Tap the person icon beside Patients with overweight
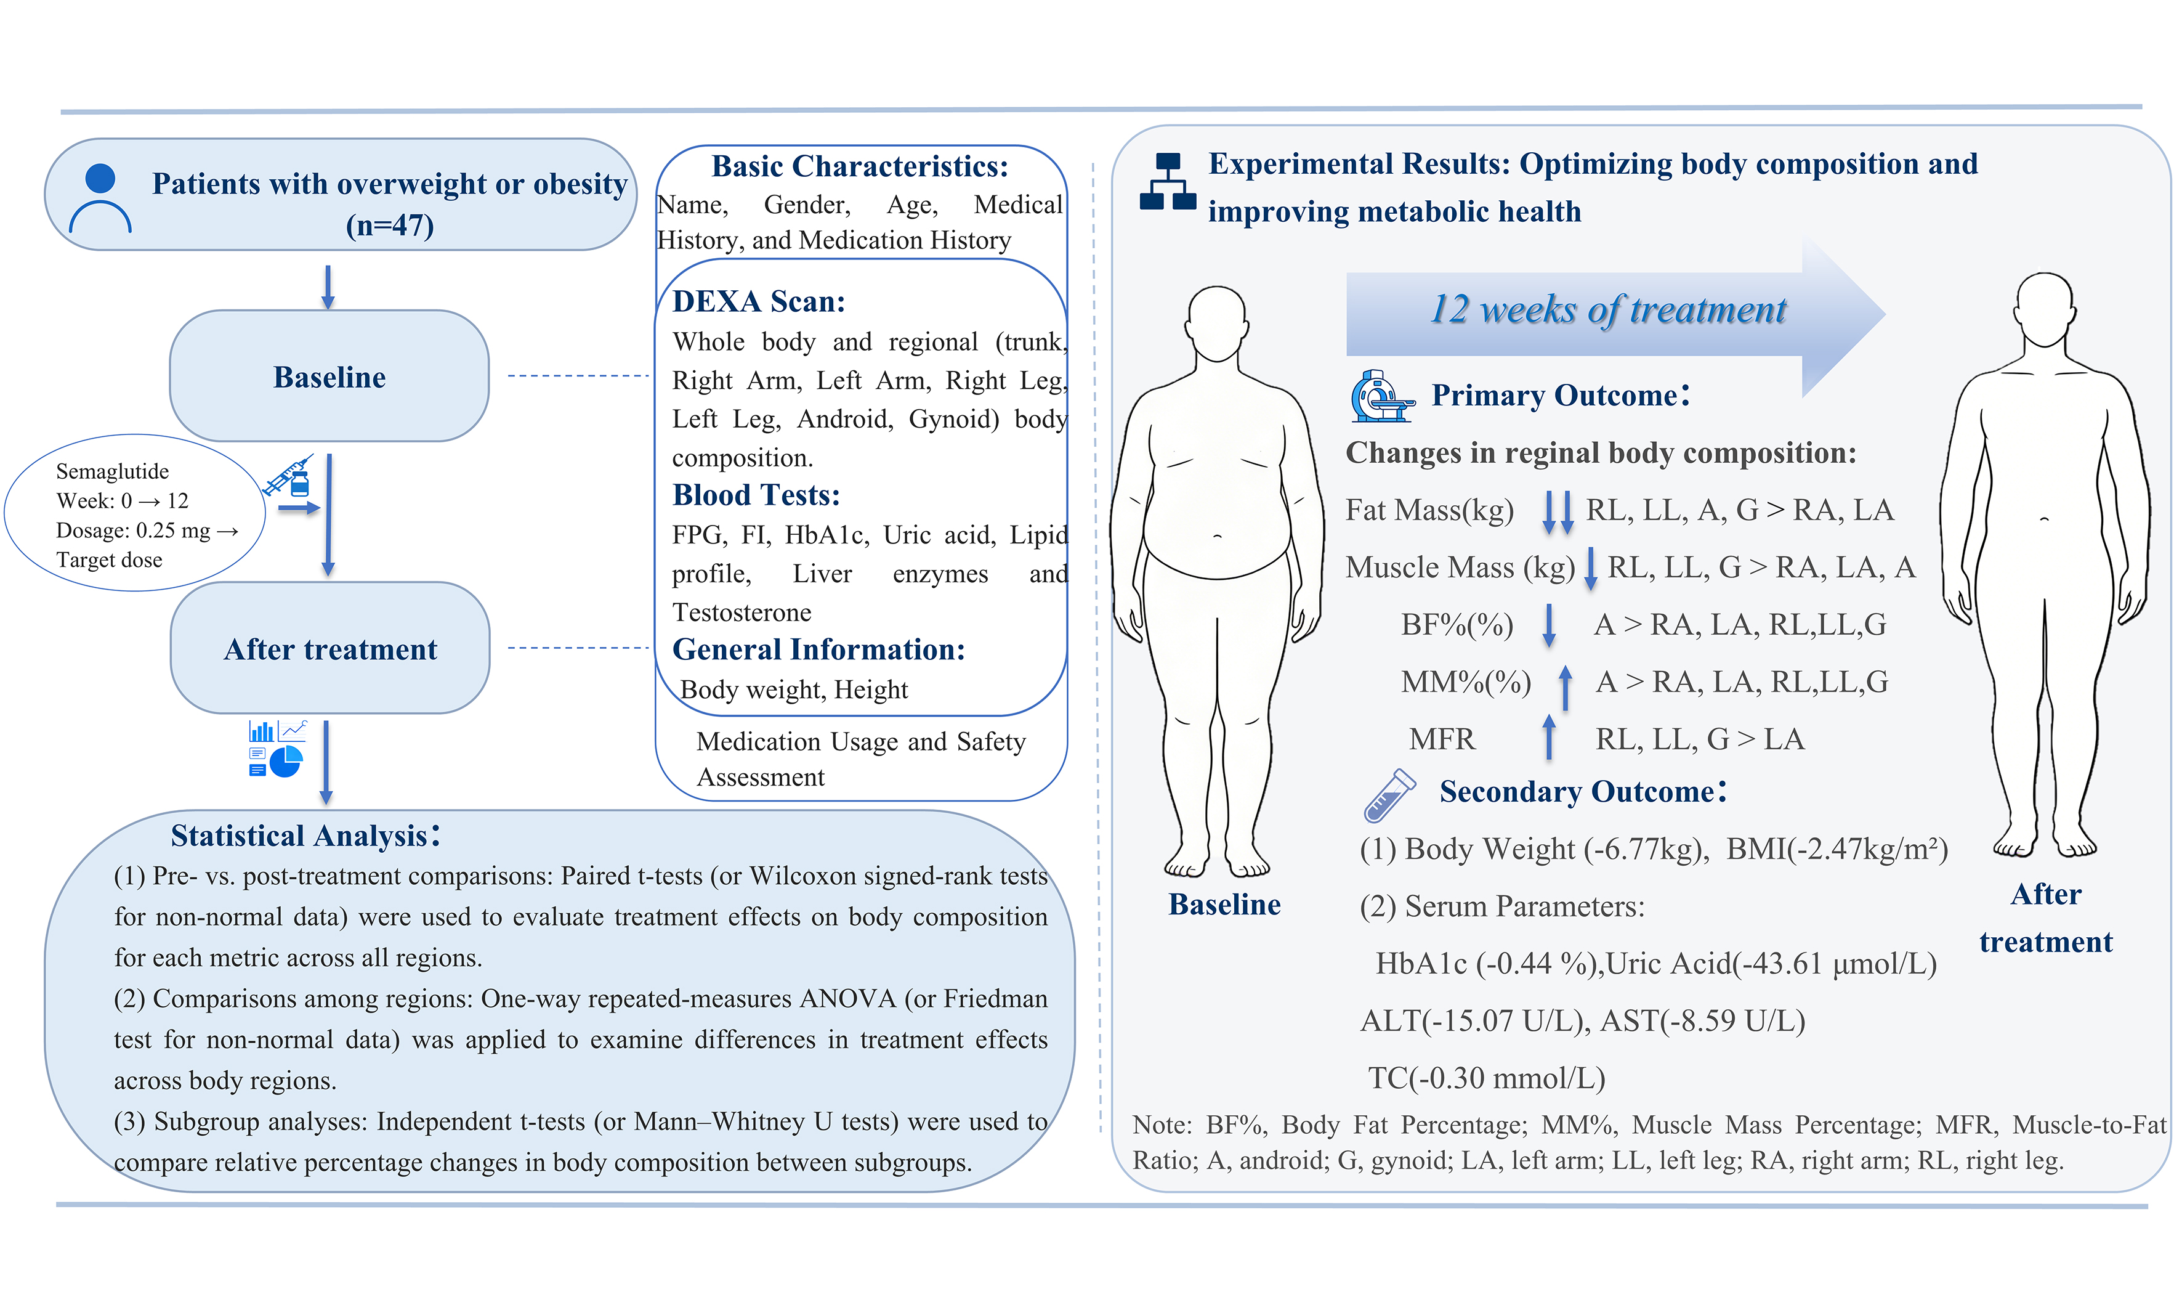[100, 198]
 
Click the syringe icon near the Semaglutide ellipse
[288, 477]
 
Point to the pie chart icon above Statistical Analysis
[286, 761]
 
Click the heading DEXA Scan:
[758, 302]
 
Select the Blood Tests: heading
[755, 495]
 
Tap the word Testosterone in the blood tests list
[741, 612]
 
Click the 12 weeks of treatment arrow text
[1607, 310]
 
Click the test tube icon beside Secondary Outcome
[1389, 794]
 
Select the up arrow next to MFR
[1548, 738]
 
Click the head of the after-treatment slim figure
[2045, 309]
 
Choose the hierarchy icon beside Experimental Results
[1167, 183]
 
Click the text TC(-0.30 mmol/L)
[1486, 1078]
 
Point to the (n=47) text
[389, 226]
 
